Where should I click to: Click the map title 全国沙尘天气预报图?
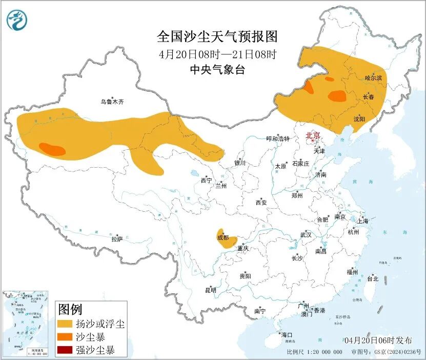[x=217, y=37]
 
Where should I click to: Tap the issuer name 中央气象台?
[x=217, y=69]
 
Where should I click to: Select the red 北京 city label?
[x=312, y=135]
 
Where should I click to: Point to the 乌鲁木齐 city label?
[x=112, y=102]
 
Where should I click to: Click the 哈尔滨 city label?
[x=373, y=78]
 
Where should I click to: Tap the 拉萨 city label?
[x=117, y=238]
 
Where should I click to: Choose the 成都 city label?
[x=223, y=237]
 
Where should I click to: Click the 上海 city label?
[x=363, y=221]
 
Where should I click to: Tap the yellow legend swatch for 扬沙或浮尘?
[x=65, y=324]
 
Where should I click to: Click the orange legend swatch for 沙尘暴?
[x=65, y=337]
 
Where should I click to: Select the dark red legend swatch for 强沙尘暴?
[x=65, y=351]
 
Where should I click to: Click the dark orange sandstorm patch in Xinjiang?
[x=52, y=150]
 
